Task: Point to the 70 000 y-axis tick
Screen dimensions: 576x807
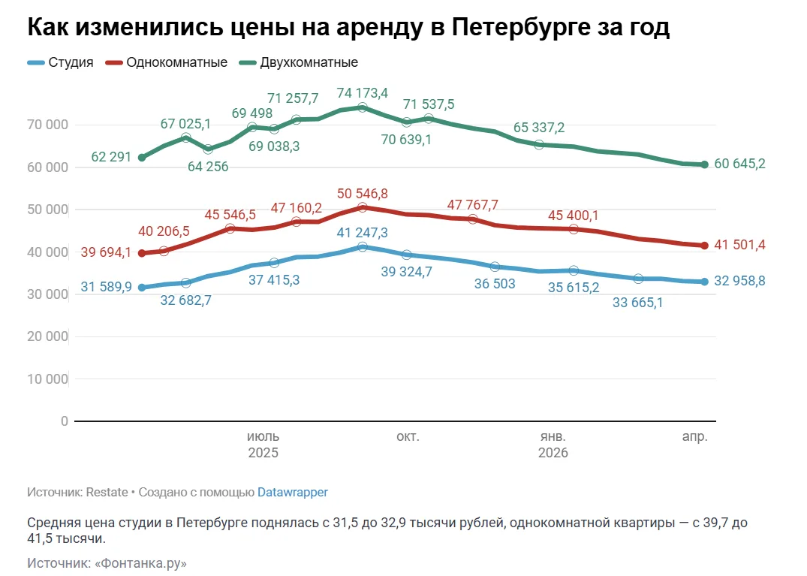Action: pyautogui.click(x=47, y=124)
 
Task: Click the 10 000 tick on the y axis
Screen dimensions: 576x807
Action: pyautogui.click(x=47, y=379)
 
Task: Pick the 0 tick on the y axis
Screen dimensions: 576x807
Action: pyautogui.click(x=64, y=421)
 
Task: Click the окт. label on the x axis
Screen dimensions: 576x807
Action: pyautogui.click(x=408, y=436)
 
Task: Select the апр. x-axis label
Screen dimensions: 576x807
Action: pyautogui.click(x=694, y=436)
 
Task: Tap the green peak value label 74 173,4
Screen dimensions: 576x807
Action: pyautogui.click(x=363, y=93)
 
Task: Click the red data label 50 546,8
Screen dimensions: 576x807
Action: pyautogui.click(x=363, y=194)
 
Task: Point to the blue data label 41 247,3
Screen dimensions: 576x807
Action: pyautogui.click(x=363, y=232)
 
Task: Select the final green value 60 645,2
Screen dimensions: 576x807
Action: pyautogui.click(x=739, y=164)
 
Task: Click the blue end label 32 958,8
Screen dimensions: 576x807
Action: pyautogui.click(x=739, y=281)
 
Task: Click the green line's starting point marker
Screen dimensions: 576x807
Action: pyautogui.click(x=142, y=157)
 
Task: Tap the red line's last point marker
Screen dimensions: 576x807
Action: pyautogui.click(x=705, y=245)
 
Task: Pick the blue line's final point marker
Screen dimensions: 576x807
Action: pyautogui.click(x=705, y=282)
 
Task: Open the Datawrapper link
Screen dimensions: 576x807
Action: pyautogui.click(x=293, y=493)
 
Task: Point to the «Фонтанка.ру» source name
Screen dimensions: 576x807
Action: pyautogui.click(x=140, y=562)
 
